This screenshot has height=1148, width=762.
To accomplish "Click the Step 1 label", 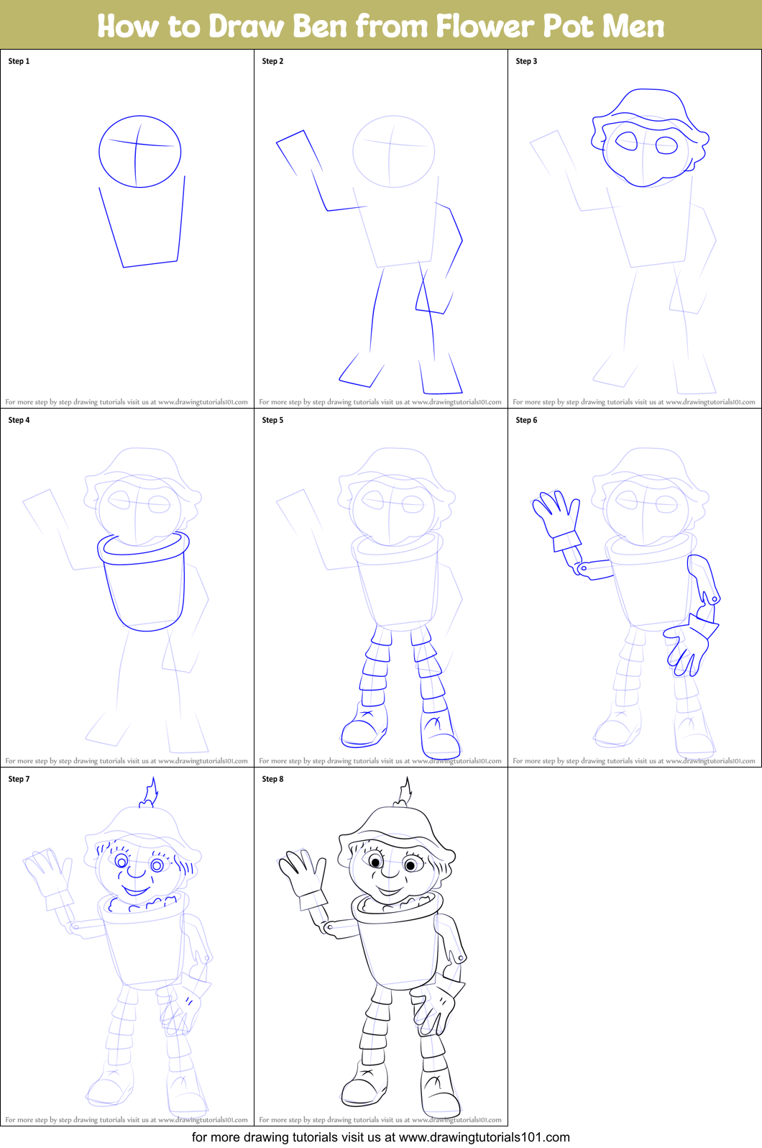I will (x=19, y=61).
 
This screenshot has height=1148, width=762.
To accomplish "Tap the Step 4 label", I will (x=19, y=420).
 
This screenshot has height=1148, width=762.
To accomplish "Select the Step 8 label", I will (x=272, y=779).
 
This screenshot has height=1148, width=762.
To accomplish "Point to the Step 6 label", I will (x=526, y=420).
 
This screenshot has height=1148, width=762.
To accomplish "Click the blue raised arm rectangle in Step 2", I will (x=298, y=151).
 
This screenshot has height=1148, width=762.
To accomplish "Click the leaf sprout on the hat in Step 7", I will (x=150, y=793).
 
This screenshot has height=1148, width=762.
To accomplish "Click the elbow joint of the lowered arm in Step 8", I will (x=461, y=957).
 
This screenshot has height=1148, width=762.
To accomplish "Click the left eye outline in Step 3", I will (x=627, y=141).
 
